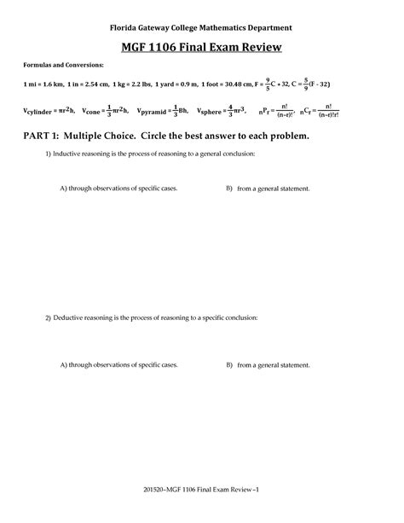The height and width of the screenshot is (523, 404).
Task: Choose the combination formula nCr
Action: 329,111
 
